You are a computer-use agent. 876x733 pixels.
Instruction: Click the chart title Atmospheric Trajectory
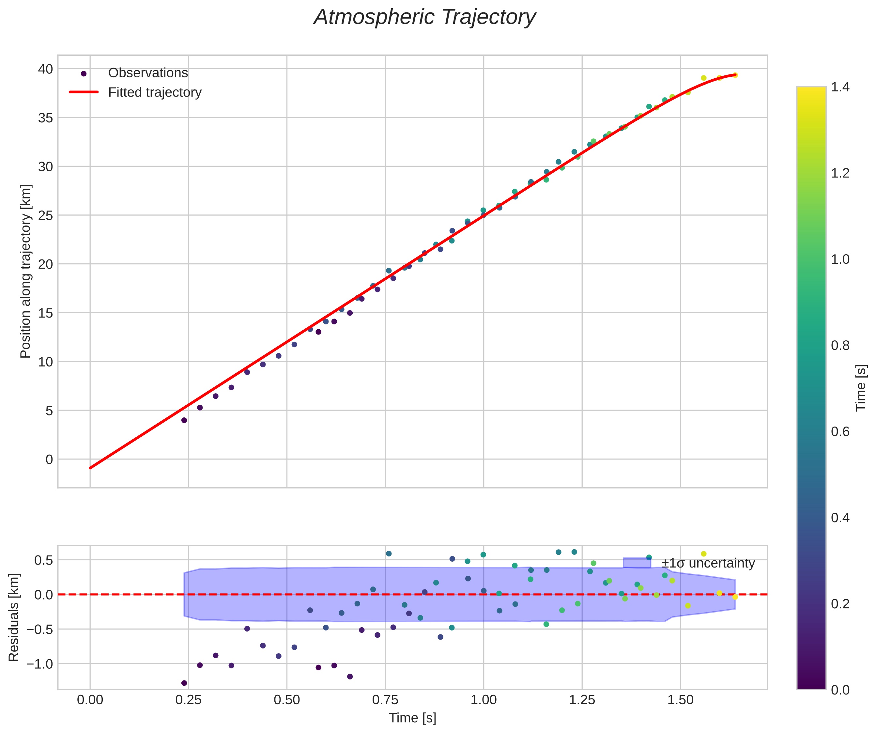point(425,18)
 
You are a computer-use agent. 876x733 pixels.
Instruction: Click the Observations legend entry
point(148,73)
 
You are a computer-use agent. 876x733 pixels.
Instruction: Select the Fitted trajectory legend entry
point(154,92)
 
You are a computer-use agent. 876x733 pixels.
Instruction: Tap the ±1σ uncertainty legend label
point(708,563)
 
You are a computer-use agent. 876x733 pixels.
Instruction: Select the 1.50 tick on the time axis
point(680,700)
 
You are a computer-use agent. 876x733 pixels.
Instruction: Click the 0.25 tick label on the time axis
point(188,700)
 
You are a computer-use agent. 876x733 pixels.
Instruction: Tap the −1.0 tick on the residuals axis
point(40,664)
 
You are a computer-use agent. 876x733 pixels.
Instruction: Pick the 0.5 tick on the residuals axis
point(43,560)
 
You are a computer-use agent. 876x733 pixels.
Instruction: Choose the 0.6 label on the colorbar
point(840,431)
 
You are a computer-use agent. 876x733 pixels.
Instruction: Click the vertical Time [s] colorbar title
point(861,388)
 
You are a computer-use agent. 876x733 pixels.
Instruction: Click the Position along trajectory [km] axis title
point(25,271)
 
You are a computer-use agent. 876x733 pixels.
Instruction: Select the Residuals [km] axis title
point(14,617)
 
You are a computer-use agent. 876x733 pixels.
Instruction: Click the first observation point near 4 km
point(184,420)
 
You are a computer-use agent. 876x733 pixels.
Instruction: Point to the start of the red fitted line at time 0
point(90,468)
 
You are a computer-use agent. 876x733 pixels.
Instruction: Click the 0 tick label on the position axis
point(49,459)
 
